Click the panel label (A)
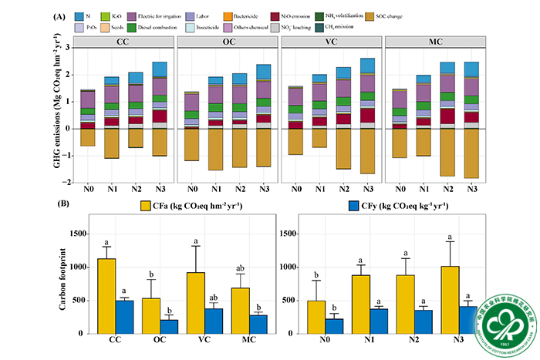59,15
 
